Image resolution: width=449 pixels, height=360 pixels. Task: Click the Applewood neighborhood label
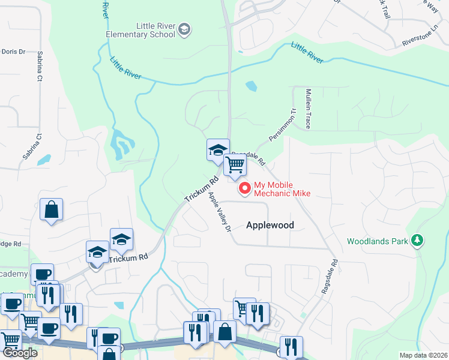click(270, 225)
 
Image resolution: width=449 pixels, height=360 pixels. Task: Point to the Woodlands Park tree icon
click(417, 241)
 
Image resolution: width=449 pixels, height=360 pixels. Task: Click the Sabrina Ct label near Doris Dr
click(40, 66)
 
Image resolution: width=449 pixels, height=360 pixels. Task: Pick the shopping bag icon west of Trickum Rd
click(52, 210)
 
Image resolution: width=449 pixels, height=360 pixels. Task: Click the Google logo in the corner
click(20, 353)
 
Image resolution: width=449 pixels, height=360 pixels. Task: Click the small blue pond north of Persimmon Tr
click(251, 86)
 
